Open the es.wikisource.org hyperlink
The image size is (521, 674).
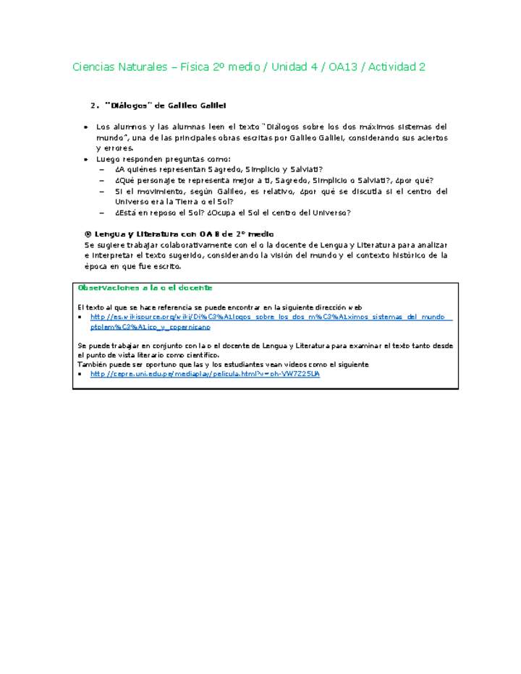click(x=271, y=317)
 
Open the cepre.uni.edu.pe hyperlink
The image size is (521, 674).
click(x=205, y=375)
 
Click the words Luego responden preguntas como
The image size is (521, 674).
click(x=164, y=159)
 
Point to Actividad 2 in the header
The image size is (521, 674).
click(x=397, y=67)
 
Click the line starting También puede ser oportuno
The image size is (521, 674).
click(x=224, y=364)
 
